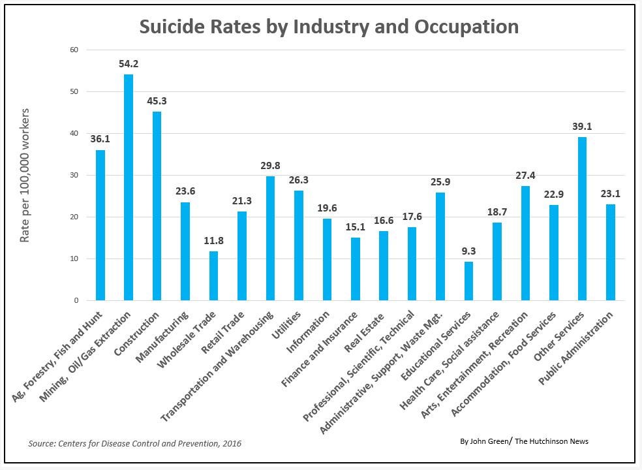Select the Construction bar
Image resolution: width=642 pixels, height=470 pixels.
pyautogui.click(x=157, y=206)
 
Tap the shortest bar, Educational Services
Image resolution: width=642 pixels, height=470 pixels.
pyautogui.click(x=468, y=281)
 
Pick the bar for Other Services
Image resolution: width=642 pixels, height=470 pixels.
pyautogui.click(x=582, y=219)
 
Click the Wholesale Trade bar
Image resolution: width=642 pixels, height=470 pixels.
pyautogui.click(x=213, y=275)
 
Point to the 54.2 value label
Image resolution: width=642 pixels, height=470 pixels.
pyautogui.click(x=129, y=64)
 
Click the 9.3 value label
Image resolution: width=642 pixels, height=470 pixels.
pyautogui.click(x=468, y=251)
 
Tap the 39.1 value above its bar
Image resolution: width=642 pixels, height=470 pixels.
pyautogui.click(x=582, y=127)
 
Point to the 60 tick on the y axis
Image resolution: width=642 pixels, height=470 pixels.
pyautogui.click(x=74, y=50)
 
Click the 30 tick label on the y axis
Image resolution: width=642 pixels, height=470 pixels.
pyautogui.click(x=74, y=175)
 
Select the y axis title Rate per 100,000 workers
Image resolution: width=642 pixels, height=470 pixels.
pyautogui.click(x=25, y=175)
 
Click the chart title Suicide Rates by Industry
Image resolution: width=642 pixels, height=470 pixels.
pyautogui.click(x=329, y=27)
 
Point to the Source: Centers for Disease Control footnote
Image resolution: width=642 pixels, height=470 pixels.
pyautogui.click(x=134, y=443)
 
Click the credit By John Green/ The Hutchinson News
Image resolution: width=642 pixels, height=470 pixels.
pyautogui.click(x=524, y=441)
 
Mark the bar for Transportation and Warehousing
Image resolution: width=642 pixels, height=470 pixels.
pyautogui.click(x=270, y=238)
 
